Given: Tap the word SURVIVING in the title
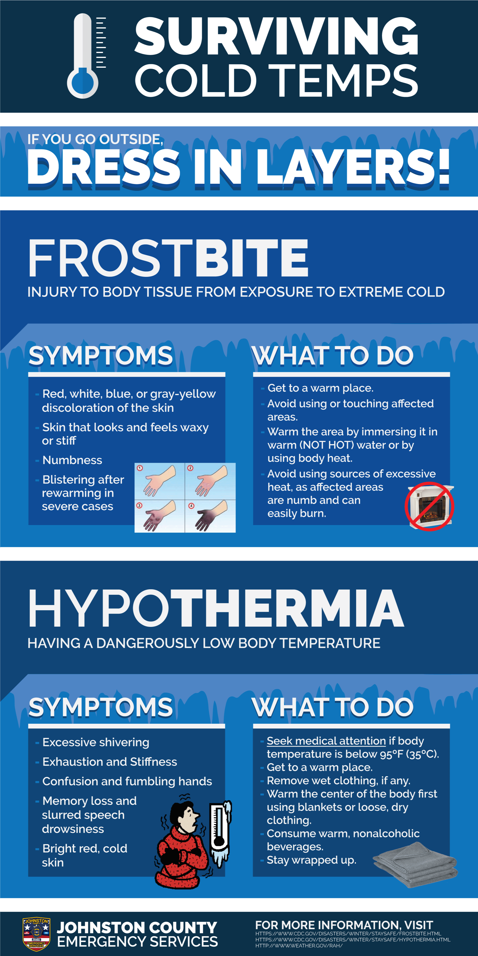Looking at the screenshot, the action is tap(277, 36).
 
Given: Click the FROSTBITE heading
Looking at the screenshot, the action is tap(168, 258).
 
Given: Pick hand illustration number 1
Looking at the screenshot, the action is tap(160, 481).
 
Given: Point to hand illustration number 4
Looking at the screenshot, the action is tap(210, 516).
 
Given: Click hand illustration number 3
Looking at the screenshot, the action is tap(160, 516).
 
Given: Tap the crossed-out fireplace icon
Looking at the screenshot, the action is tap(429, 506).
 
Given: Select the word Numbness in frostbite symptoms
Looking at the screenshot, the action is tap(72, 460).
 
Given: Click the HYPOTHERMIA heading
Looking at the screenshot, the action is tap(216, 609).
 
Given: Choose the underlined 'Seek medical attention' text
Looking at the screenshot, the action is tap(326, 741).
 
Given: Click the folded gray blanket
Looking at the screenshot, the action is tap(415, 864).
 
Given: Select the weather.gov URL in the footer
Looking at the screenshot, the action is tap(299, 946).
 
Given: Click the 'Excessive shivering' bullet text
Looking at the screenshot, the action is tap(96, 742).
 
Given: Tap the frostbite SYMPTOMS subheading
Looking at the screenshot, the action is tap(101, 356).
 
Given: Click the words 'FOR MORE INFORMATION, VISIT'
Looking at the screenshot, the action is tap(344, 925).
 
